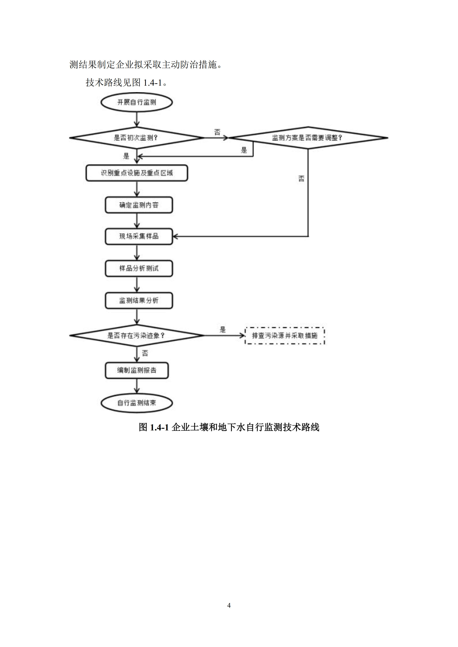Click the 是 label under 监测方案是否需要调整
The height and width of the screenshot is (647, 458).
pyautogui.click(x=244, y=150)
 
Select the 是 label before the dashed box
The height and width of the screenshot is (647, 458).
pyautogui.click(x=223, y=329)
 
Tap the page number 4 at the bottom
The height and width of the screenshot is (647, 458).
pyautogui.click(x=229, y=605)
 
